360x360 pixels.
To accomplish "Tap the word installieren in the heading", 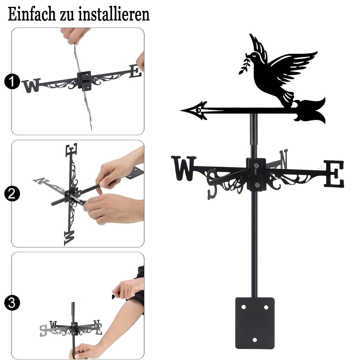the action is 114,14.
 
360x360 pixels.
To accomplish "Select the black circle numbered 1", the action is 12,81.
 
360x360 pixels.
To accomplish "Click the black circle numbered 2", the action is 12,194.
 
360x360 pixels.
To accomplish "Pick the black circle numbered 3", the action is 12,303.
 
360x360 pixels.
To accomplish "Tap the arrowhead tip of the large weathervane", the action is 181,111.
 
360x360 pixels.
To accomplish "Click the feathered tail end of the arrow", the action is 310,111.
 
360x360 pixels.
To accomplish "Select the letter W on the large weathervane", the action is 184,168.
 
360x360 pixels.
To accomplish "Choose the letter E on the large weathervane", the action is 334,174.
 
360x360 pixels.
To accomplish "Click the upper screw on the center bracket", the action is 256,165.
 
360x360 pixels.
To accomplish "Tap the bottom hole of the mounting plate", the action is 255,340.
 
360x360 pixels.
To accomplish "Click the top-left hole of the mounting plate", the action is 243,307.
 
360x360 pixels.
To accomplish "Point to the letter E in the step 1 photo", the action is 135,71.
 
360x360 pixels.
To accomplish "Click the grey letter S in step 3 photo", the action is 43,330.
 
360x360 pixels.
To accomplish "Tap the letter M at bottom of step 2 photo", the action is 69,238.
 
